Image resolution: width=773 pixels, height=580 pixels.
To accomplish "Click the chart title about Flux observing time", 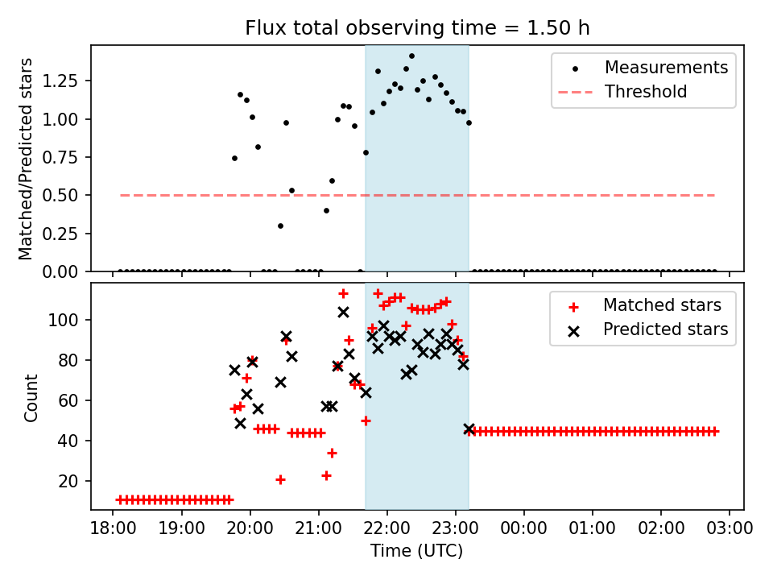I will (x=417, y=28).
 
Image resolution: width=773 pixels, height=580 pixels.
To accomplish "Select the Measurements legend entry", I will (x=666, y=67).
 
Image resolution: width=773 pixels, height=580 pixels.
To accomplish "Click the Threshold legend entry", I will (x=646, y=92).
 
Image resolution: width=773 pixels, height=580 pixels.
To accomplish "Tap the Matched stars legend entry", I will (x=662, y=305).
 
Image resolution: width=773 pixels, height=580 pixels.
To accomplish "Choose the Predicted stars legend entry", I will (x=665, y=329).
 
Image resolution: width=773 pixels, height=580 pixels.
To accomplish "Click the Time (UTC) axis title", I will (x=416, y=552).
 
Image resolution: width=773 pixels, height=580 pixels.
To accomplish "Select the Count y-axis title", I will (x=31, y=397).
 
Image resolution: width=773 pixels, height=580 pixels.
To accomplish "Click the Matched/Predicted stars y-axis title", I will (x=27, y=159).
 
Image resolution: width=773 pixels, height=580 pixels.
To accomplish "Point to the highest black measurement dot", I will (x=411, y=56).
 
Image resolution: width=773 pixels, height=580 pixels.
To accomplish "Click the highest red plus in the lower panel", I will (x=343, y=294).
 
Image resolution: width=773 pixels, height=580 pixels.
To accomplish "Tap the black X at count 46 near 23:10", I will (x=469, y=429).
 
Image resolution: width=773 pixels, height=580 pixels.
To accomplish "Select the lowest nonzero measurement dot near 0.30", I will (x=280, y=226).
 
